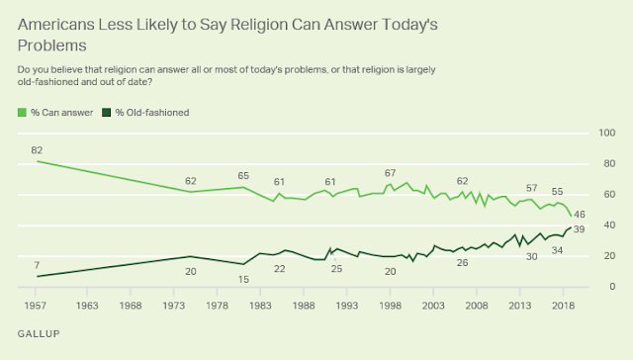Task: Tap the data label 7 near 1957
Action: click(x=38, y=265)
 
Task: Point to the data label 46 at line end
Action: click(x=580, y=214)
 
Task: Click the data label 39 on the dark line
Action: click(x=580, y=229)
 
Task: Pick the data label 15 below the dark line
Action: click(x=243, y=279)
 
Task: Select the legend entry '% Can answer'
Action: click(x=59, y=113)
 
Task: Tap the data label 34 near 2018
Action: click(x=557, y=250)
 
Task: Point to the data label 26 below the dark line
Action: click(x=462, y=262)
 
